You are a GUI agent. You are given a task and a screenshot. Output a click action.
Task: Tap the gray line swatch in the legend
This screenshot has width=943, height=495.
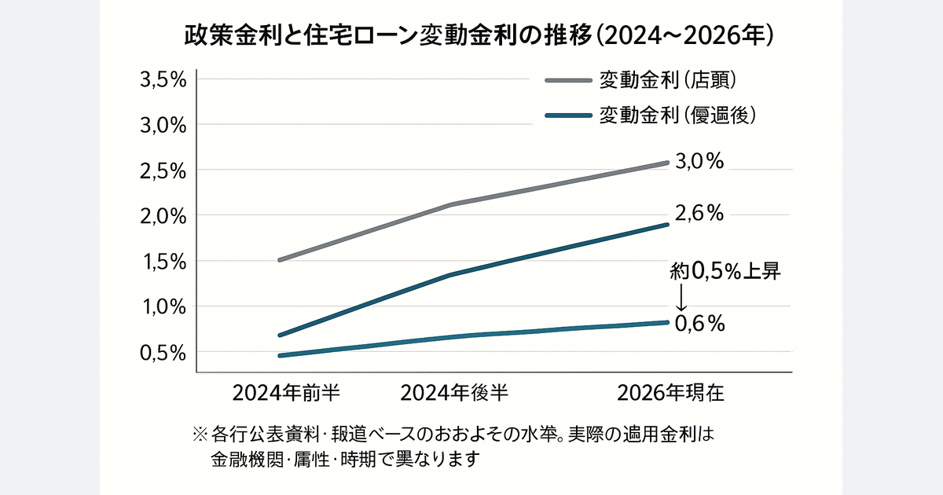(x=567, y=80)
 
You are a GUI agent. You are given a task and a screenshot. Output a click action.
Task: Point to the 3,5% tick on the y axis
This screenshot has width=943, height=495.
(x=162, y=79)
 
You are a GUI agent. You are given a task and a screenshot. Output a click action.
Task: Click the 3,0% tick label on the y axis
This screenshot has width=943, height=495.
(x=162, y=125)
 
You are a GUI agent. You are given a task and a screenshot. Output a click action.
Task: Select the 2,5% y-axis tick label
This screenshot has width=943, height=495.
(x=162, y=170)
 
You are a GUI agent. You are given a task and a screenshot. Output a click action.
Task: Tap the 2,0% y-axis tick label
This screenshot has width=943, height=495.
(x=162, y=216)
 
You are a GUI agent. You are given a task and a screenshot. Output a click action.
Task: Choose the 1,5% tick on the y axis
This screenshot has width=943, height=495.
(x=162, y=262)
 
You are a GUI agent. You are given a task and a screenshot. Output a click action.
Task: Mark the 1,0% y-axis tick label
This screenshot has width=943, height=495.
(x=162, y=307)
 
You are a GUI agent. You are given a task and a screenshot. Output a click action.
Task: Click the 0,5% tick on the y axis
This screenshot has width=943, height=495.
(x=162, y=353)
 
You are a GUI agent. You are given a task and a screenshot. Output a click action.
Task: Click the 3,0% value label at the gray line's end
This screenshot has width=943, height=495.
(x=699, y=162)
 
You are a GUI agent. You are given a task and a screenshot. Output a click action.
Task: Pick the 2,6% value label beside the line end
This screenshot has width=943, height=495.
(x=699, y=213)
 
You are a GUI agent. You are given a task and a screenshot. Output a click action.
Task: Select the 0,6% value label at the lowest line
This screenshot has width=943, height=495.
(x=699, y=324)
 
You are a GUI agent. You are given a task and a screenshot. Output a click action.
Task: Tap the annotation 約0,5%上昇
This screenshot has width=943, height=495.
(x=725, y=272)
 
